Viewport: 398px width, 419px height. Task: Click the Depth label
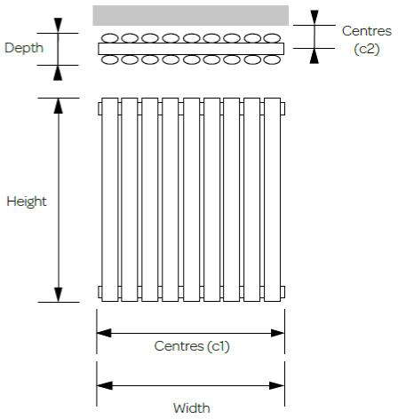(x=24, y=48)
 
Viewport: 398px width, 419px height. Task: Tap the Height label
(x=27, y=202)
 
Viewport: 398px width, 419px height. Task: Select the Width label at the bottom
(x=192, y=408)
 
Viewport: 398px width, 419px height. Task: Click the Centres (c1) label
(x=192, y=346)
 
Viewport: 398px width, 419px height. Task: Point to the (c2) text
(x=367, y=49)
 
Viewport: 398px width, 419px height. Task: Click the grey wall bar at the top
(x=191, y=15)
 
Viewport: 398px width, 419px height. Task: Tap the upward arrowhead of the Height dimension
(x=59, y=106)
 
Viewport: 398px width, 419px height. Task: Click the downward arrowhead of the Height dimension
(x=59, y=295)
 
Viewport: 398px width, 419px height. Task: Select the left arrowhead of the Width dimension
(x=105, y=385)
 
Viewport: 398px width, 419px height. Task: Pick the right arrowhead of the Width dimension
(x=276, y=385)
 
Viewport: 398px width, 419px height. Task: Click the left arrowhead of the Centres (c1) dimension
(x=104, y=333)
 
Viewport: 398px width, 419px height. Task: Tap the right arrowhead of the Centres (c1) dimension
(x=277, y=333)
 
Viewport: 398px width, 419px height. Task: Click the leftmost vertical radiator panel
(x=110, y=200)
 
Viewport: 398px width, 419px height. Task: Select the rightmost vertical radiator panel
(x=272, y=200)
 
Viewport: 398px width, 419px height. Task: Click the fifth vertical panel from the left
(x=192, y=200)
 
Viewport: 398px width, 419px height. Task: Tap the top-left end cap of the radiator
(x=99, y=108)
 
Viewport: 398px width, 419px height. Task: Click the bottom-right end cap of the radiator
(x=283, y=292)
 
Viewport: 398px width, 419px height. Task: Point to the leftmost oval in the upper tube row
(x=110, y=38)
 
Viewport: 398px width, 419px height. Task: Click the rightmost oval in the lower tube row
(x=272, y=59)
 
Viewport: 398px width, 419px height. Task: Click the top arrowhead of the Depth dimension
(x=58, y=26)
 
